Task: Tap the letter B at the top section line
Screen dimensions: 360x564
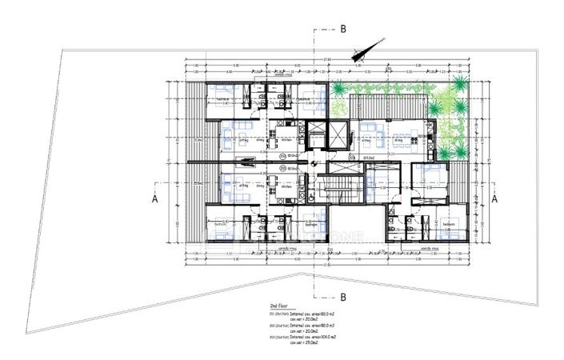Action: [342, 29]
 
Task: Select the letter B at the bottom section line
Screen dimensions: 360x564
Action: [342, 296]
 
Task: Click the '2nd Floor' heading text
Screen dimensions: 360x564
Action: [284, 306]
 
